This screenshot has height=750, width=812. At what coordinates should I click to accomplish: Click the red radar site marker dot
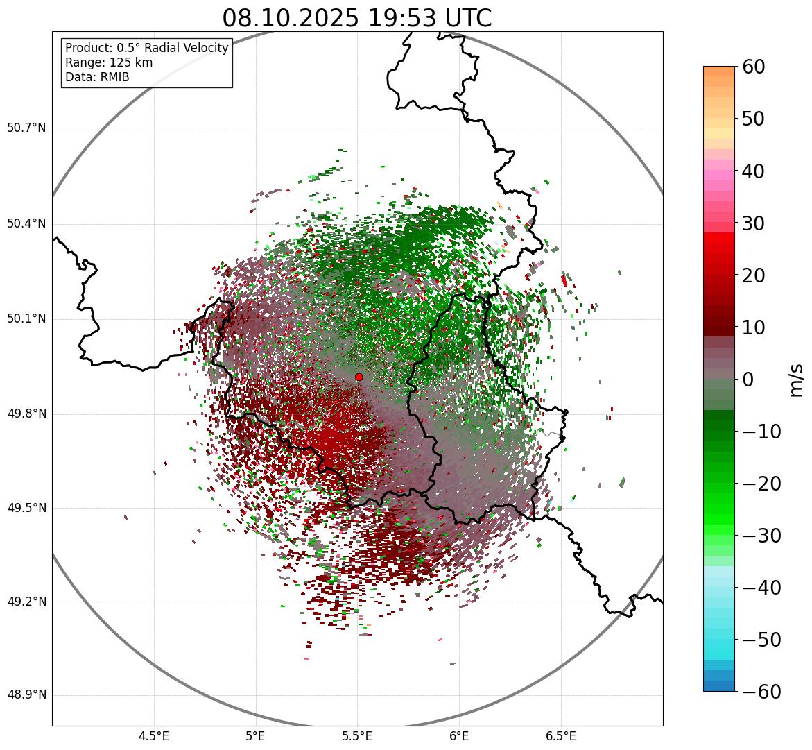[x=359, y=377]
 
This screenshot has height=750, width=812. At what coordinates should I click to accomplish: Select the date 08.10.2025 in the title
[x=291, y=18]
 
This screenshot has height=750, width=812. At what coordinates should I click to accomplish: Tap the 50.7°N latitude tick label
[x=26, y=128]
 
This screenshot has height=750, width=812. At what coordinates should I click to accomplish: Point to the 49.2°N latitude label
[x=26, y=602]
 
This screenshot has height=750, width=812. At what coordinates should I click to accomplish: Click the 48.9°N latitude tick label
[x=26, y=695]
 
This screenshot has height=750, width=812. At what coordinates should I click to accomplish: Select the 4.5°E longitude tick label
[x=154, y=737]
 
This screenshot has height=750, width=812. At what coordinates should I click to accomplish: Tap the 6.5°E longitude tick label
[x=560, y=737]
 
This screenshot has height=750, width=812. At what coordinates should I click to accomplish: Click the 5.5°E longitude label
[x=357, y=737]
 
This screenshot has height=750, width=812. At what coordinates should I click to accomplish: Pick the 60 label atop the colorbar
[x=754, y=67]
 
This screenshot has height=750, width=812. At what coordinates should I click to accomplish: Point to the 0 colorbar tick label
[x=748, y=380]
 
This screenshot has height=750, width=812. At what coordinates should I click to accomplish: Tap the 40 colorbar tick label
[x=754, y=171]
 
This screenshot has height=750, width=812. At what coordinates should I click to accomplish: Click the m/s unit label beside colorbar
[x=797, y=379]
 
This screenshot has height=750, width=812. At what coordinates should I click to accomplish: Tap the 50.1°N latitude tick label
[x=26, y=319]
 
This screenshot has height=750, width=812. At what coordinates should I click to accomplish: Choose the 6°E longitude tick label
[x=459, y=737]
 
